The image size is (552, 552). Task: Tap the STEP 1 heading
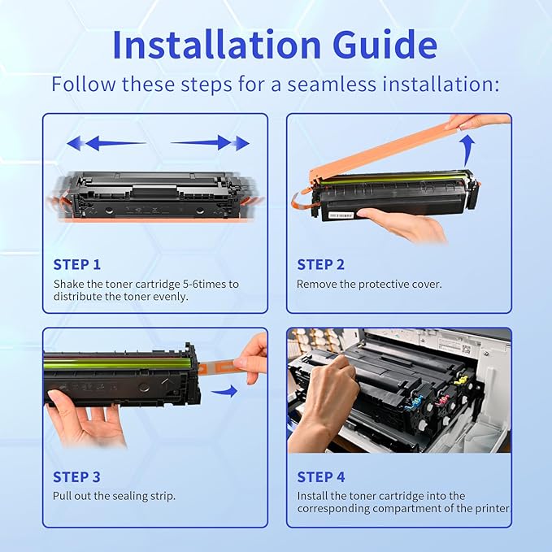click(77, 264)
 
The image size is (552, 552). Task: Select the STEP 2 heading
click(320, 264)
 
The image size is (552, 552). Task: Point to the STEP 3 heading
click(77, 477)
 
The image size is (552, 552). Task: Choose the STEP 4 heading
click(320, 477)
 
